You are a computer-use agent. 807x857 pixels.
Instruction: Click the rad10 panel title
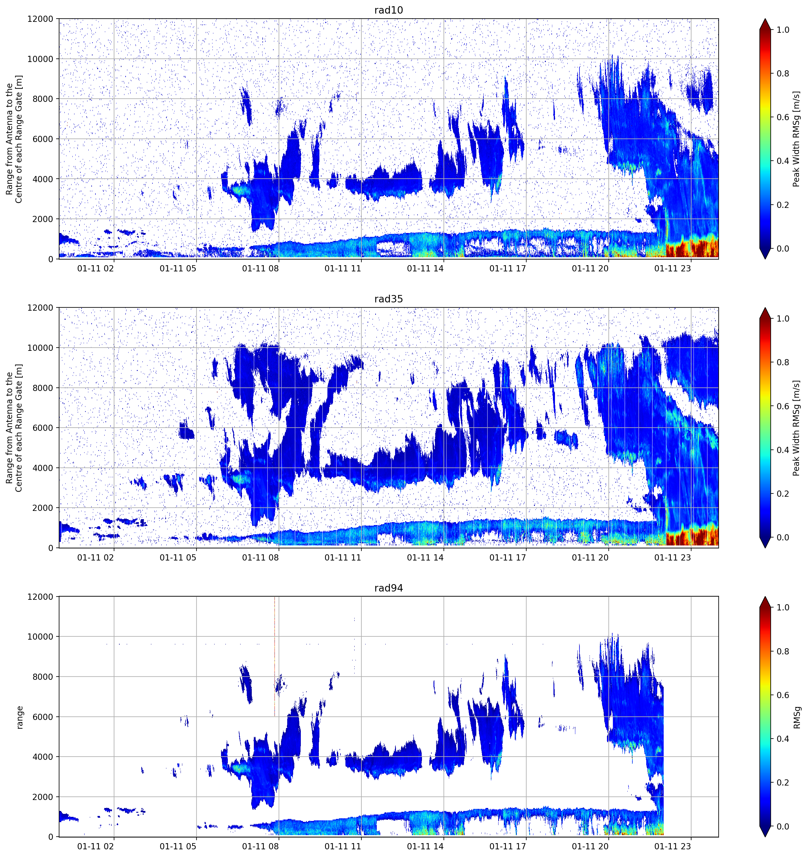point(388,10)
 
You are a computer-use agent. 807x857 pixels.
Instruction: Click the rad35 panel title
point(388,299)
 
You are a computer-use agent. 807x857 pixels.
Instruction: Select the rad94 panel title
point(388,588)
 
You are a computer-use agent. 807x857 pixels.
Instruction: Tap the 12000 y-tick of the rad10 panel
point(40,19)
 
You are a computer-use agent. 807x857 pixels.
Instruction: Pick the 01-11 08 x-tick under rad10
point(261,268)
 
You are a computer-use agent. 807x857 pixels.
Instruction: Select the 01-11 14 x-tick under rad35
point(425,557)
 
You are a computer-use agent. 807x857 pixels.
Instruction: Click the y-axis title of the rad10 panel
point(14,139)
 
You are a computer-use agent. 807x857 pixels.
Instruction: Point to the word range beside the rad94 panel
point(20,717)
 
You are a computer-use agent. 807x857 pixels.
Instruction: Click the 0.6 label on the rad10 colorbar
point(783,117)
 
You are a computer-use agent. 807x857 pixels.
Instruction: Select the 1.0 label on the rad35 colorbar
point(783,319)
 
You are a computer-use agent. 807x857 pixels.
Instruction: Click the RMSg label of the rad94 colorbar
point(797,717)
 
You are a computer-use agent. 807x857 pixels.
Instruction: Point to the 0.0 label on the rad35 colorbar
point(783,537)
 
